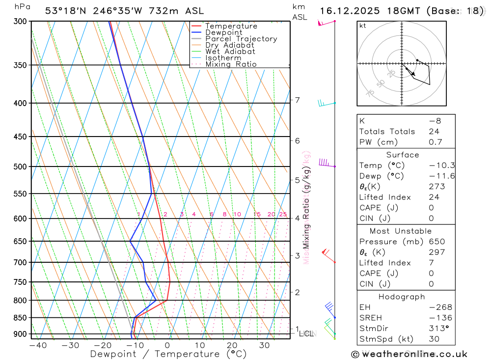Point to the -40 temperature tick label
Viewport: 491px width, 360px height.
pos(38,345)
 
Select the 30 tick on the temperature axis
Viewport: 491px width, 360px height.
pos(264,345)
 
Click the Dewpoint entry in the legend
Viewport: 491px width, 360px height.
pos(223,32)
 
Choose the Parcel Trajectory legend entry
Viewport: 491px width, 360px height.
pos(241,39)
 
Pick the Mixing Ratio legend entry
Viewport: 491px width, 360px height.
pos(231,64)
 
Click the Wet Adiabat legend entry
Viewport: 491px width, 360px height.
pos(230,52)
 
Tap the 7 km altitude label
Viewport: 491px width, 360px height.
pos(297,100)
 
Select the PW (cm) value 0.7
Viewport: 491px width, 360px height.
pos(436,142)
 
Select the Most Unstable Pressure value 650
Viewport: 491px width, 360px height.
pos(436,242)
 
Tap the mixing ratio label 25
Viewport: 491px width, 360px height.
pos(283,214)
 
